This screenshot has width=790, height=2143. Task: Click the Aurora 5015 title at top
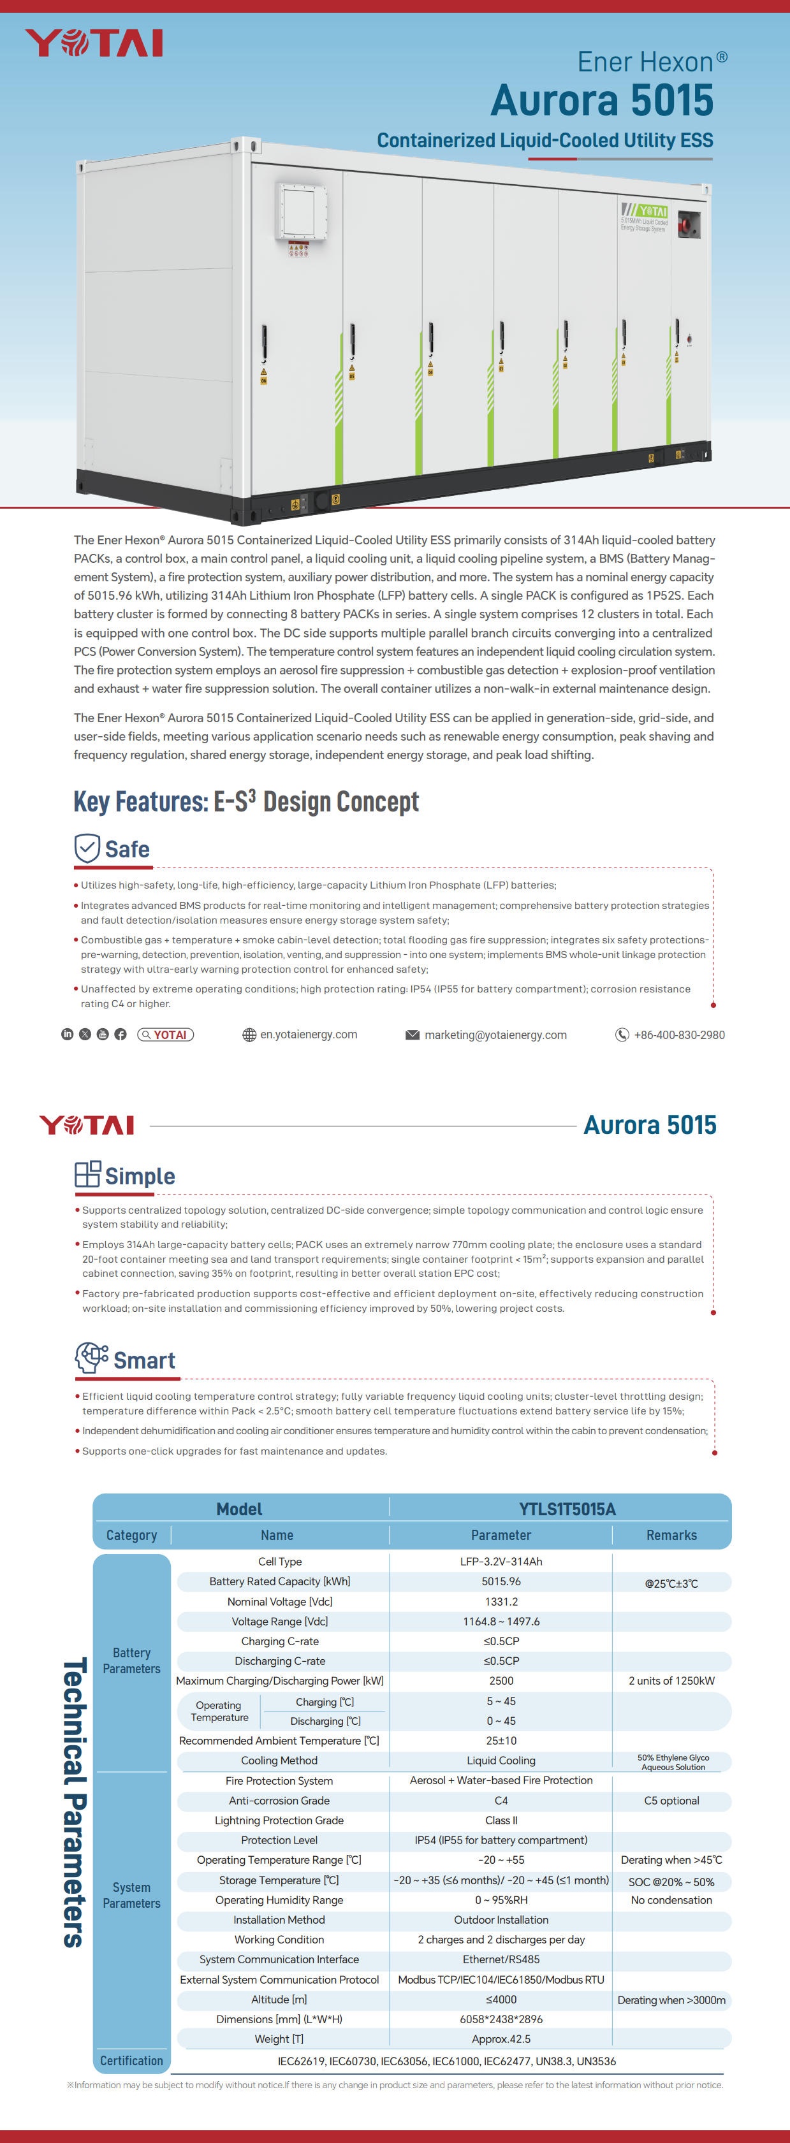tap(601, 101)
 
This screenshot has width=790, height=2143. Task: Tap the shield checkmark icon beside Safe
tap(87, 848)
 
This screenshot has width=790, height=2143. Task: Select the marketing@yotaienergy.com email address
tap(495, 1035)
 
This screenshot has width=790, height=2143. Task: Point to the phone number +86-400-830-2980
tap(678, 1035)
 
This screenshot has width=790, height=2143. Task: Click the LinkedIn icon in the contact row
tap(68, 1034)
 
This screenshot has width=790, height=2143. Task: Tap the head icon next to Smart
tap(91, 1358)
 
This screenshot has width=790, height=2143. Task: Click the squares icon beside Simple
tap(87, 1175)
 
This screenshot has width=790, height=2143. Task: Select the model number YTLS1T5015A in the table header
tap(567, 1509)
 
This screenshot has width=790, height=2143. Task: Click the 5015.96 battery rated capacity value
tap(501, 1581)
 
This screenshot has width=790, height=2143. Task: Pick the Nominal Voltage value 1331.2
tap(501, 1601)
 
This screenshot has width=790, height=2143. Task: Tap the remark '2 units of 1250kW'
tap(671, 1680)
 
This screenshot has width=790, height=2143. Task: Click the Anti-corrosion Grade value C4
tap(501, 1800)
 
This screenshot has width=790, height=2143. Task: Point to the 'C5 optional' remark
tap(671, 1800)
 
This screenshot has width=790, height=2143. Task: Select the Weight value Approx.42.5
tap(501, 2039)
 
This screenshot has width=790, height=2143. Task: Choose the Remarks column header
tap(671, 1535)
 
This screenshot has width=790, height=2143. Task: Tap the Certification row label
tap(131, 2061)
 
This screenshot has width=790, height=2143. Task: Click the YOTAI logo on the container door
tap(646, 212)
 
